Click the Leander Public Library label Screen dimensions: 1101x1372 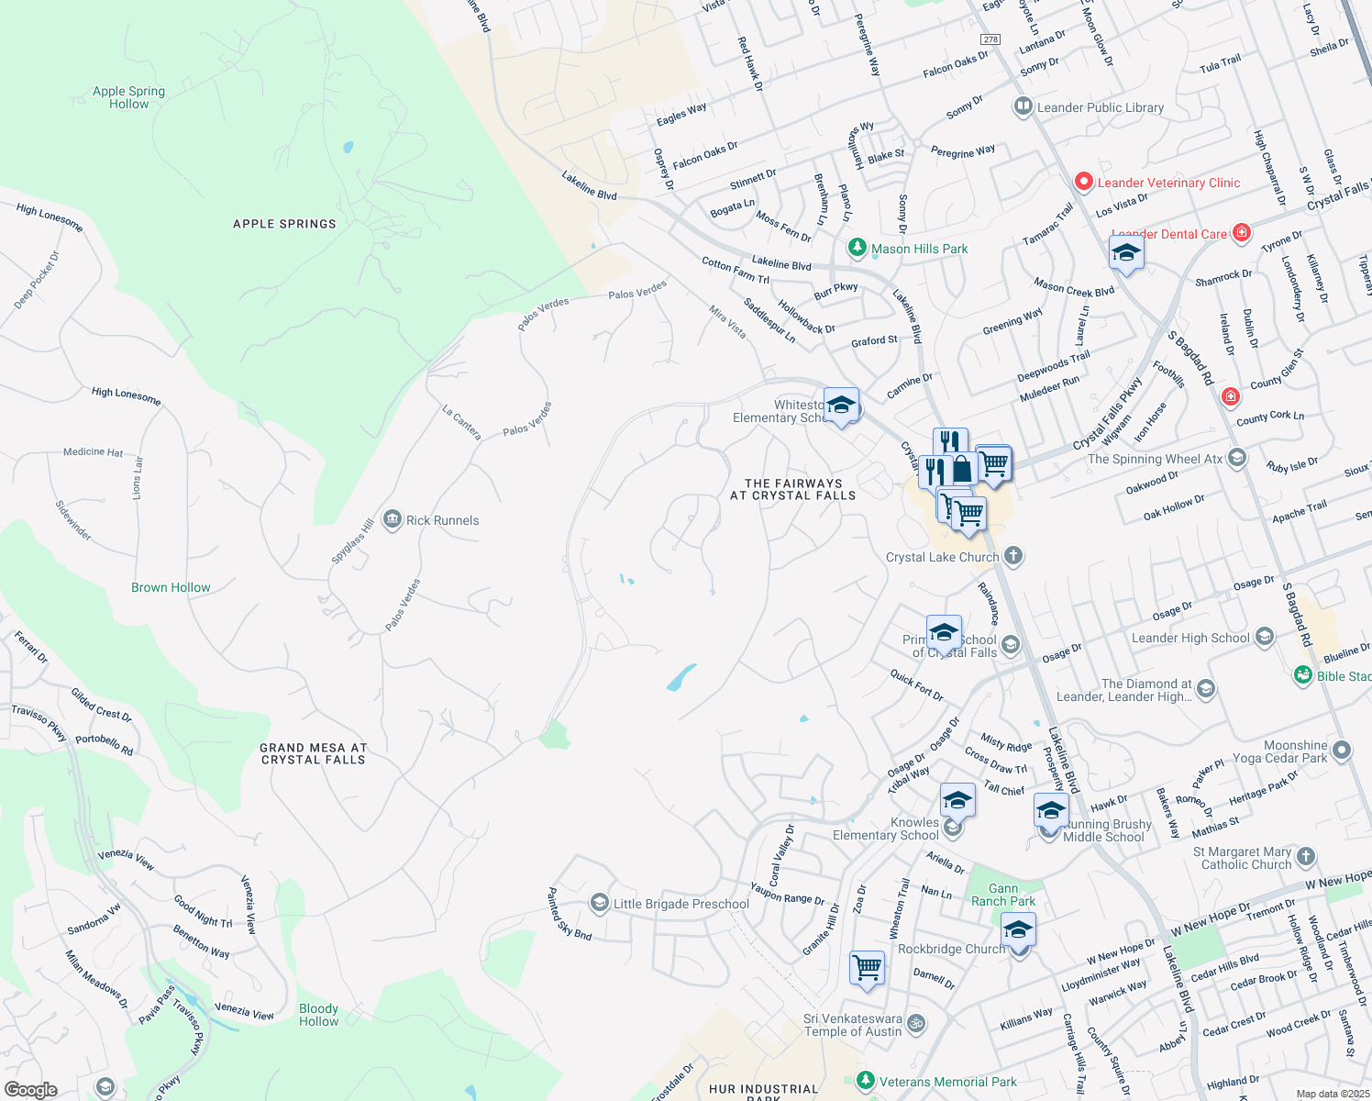[1100, 107]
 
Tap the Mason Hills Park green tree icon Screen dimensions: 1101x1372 [857, 248]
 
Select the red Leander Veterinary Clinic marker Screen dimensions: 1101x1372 [1083, 182]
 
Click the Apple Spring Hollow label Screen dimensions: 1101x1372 [128, 97]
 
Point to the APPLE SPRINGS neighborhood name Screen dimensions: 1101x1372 [284, 224]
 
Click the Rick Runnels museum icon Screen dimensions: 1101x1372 [393, 520]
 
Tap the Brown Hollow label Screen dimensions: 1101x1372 [171, 587]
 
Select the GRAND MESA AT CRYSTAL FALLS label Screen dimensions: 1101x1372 [314, 753]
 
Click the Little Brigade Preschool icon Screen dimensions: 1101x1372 [599, 904]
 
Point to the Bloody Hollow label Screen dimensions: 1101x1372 [318, 1015]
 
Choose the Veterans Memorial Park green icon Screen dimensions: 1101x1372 [865, 1081]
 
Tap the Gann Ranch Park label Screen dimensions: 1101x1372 [1003, 895]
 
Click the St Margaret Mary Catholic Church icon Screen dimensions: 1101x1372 [1306, 857]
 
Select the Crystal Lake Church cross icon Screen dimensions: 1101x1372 [1012, 556]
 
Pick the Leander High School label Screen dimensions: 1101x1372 [1189, 638]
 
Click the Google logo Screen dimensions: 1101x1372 [31, 1090]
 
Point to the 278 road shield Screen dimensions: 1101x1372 [990, 39]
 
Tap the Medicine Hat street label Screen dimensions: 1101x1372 [93, 452]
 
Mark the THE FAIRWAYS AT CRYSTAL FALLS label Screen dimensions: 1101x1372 [792, 489]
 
